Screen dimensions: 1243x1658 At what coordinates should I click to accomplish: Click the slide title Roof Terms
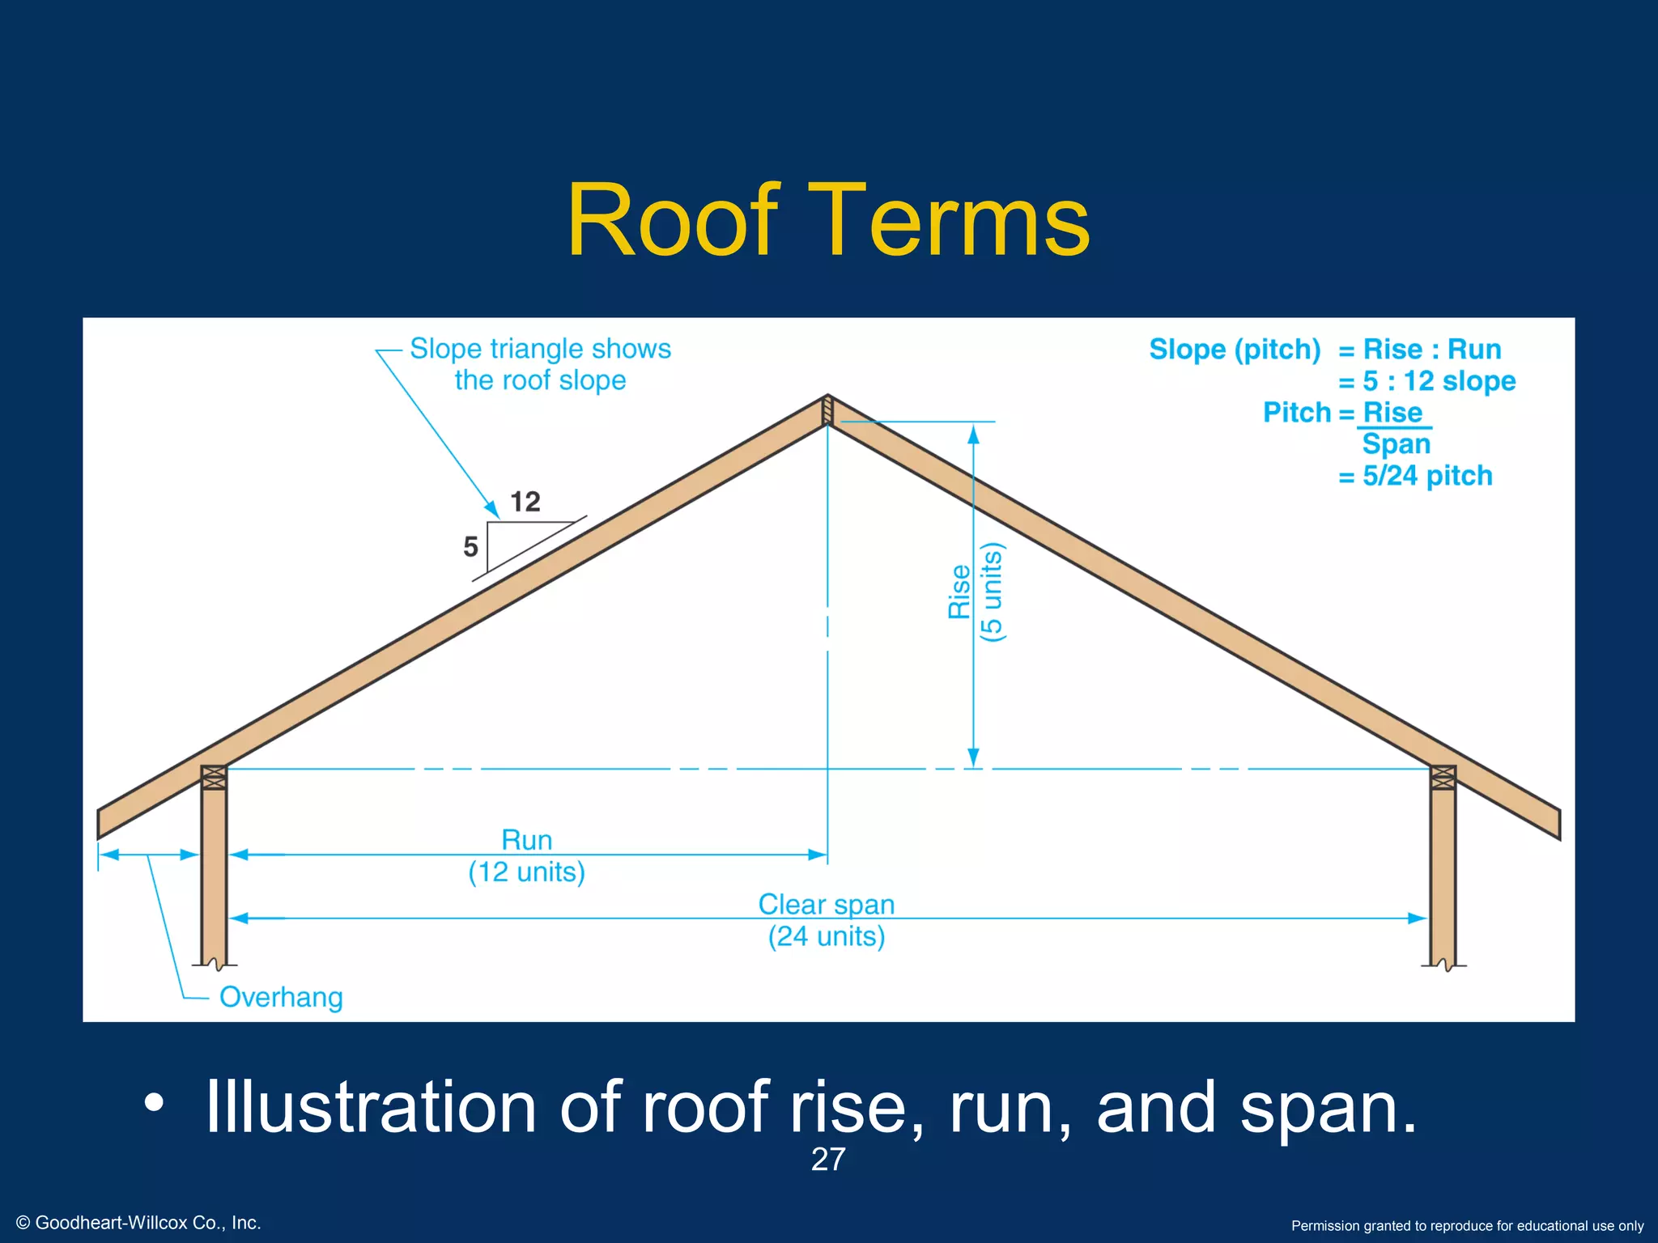(828, 220)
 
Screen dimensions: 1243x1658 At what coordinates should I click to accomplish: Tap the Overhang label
(281, 997)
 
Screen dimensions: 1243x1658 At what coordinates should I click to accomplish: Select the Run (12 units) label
(526, 856)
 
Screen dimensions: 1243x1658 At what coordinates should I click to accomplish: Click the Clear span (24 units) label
(827, 920)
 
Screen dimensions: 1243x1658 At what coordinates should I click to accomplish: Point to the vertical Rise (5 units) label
(975, 592)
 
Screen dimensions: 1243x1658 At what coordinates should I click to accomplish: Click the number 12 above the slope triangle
(525, 502)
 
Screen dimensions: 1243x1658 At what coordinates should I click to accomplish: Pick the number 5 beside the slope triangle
(470, 547)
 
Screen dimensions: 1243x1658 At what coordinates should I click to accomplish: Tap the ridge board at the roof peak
(827, 410)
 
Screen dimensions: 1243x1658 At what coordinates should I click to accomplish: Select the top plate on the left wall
(214, 778)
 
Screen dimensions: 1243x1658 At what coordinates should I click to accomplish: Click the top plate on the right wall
(1443, 778)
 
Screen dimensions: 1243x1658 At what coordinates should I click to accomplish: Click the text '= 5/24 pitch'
(1415, 476)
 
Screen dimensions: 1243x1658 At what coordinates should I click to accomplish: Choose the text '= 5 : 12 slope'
(1426, 381)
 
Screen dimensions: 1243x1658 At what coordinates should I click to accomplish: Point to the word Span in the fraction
(1397, 444)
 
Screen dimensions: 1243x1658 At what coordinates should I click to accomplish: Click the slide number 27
(828, 1160)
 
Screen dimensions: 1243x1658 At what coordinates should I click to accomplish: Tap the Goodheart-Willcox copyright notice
(138, 1223)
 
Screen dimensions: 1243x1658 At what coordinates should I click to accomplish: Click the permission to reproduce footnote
(1467, 1226)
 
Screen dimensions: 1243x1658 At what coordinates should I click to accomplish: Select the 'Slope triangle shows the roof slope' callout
(540, 364)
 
